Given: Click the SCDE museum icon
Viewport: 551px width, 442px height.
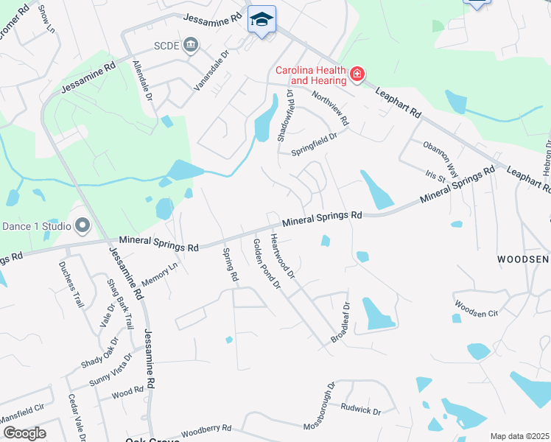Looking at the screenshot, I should coord(191,45).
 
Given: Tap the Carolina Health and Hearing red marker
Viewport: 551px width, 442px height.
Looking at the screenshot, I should coord(357,74).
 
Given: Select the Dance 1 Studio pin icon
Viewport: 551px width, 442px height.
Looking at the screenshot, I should coord(82,225).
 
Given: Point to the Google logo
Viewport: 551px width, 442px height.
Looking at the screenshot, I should coord(24,433).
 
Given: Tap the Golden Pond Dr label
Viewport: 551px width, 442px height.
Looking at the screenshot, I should coord(267,263).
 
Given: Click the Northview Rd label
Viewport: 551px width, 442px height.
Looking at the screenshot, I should coord(329,107).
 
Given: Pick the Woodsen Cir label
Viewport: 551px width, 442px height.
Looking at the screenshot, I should coord(477,308).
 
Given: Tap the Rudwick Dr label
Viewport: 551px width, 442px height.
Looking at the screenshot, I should coord(360,408).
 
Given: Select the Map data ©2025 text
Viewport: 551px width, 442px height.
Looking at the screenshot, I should coord(519,436).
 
